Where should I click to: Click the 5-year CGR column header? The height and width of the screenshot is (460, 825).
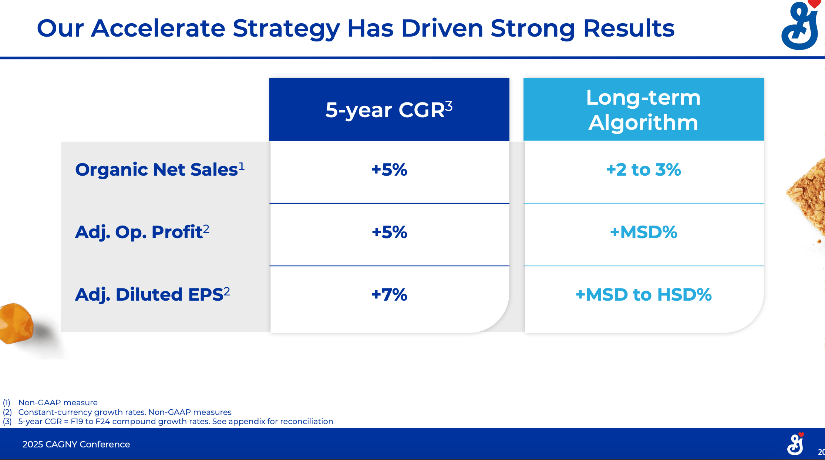click(389, 110)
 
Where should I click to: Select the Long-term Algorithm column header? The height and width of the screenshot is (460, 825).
click(643, 110)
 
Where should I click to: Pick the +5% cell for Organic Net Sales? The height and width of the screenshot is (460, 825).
click(389, 170)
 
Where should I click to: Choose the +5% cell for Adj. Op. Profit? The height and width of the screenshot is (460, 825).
click(389, 232)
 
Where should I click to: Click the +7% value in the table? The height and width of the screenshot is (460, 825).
click(389, 295)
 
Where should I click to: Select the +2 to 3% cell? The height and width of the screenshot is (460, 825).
click(643, 170)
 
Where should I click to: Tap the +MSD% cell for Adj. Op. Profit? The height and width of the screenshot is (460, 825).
click(643, 232)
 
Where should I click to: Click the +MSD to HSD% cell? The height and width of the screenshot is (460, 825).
click(643, 295)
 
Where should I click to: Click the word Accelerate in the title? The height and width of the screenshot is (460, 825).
click(158, 28)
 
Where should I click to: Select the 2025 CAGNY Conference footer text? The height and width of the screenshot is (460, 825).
click(76, 444)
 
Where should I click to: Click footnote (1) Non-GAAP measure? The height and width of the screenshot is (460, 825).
click(58, 402)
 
